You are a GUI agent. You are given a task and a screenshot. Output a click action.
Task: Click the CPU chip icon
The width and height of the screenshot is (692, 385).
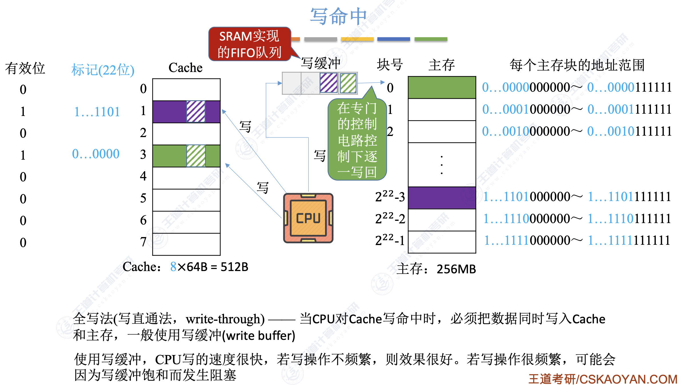click(x=308, y=218)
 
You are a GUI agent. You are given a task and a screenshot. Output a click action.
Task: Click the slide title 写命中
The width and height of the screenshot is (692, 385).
click(x=339, y=16)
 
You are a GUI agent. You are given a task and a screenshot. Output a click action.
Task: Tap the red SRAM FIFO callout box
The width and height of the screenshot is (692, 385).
click(x=249, y=44)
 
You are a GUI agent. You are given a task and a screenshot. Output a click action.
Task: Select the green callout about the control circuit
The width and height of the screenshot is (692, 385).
click(x=357, y=140)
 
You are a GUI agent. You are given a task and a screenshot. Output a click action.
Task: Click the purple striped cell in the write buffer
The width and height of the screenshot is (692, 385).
click(x=329, y=83)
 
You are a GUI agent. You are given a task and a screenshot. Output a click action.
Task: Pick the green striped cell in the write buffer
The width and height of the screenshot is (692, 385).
click(x=348, y=83)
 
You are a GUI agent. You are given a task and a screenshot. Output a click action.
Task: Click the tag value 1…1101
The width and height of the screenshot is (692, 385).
click(x=97, y=112)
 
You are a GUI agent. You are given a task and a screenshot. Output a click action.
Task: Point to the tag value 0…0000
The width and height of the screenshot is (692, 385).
click(x=96, y=154)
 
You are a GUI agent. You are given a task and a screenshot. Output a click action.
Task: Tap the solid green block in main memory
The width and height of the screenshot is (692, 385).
click(x=442, y=87)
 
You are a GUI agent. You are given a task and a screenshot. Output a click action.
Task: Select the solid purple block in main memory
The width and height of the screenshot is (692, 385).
click(x=442, y=198)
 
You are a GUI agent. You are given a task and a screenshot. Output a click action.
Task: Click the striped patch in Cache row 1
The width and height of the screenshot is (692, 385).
click(x=196, y=111)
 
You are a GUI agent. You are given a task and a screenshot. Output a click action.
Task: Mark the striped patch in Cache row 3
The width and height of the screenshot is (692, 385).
click(x=196, y=156)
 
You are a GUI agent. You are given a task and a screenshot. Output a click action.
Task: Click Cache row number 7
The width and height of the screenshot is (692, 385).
click(x=143, y=242)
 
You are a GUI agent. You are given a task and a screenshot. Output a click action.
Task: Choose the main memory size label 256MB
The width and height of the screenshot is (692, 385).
click(x=456, y=269)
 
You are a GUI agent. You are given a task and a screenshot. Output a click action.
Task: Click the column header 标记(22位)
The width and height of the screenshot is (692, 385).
click(x=103, y=70)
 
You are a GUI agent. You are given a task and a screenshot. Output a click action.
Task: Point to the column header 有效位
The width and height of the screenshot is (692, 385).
click(x=25, y=69)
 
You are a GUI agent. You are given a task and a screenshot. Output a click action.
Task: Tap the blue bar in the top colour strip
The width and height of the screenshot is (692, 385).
click(x=393, y=39)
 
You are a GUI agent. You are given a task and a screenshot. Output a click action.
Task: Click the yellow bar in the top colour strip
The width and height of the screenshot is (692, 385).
click(x=357, y=39)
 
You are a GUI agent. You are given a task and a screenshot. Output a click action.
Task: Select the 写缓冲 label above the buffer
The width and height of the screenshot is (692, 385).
click(x=321, y=63)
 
